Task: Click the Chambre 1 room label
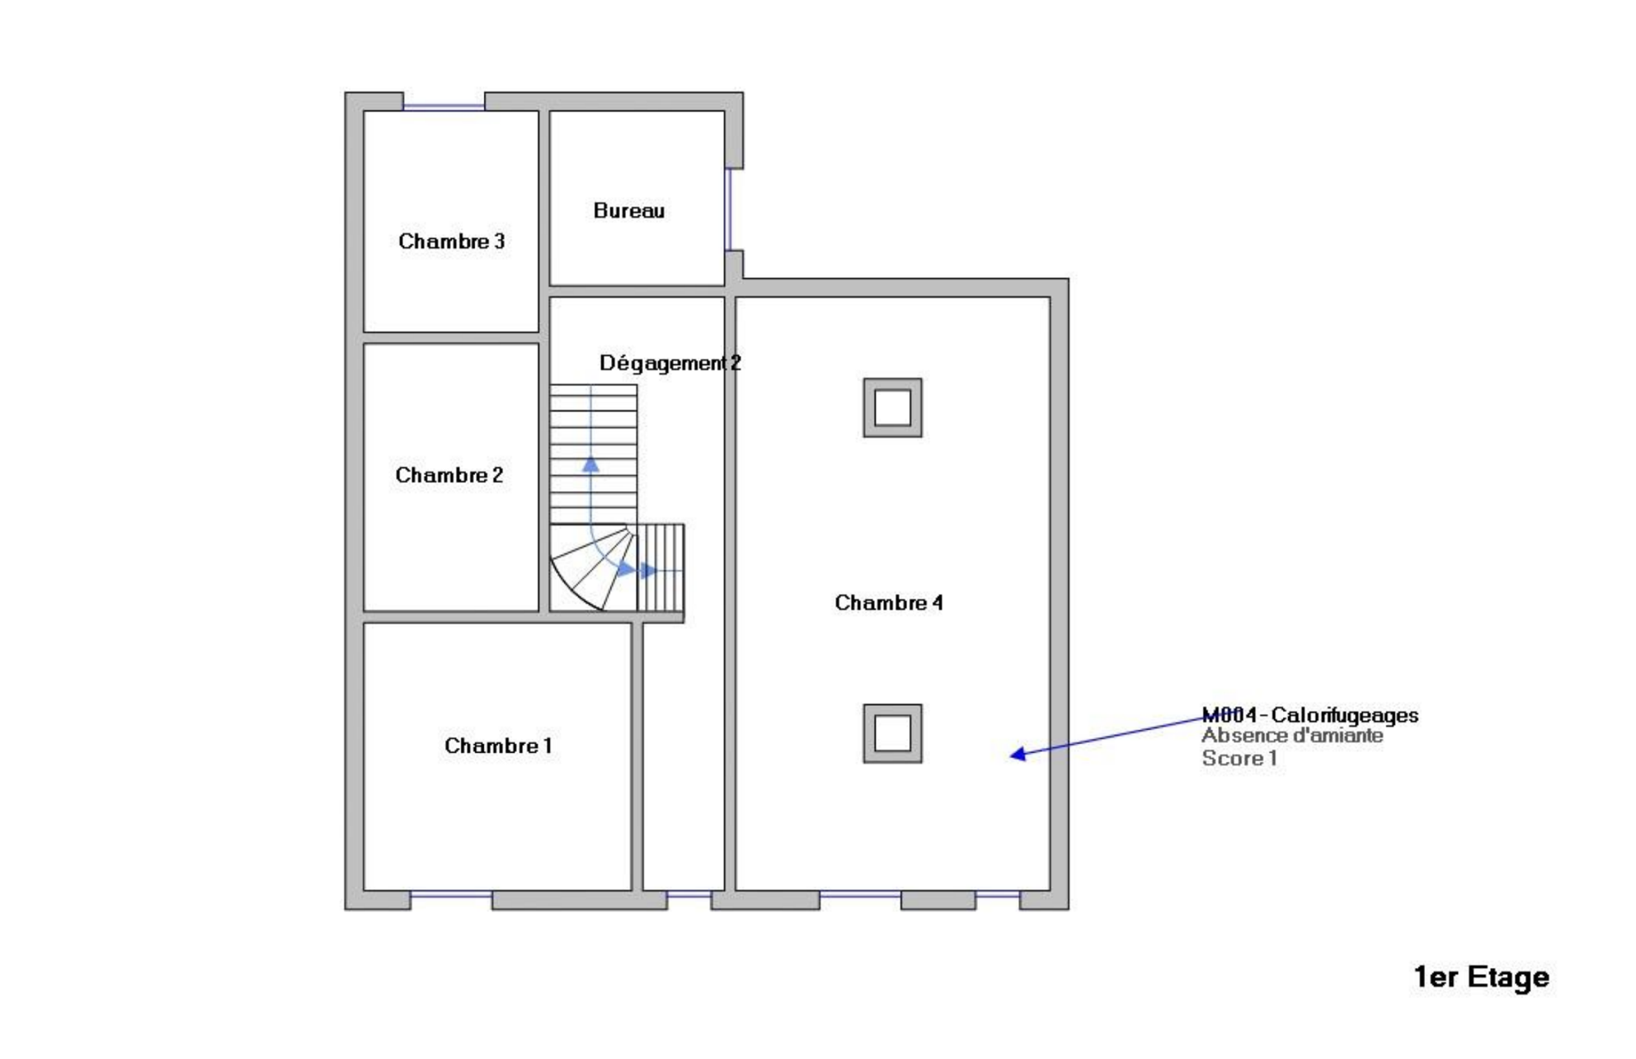click(498, 746)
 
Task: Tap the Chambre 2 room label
click(449, 475)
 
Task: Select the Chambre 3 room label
click(452, 241)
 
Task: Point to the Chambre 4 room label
click(889, 603)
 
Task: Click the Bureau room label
click(629, 210)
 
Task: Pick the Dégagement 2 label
click(670, 363)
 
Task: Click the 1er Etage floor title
click(1482, 977)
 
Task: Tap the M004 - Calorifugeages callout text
click(1310, 715)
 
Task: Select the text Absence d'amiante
click(1292, 736)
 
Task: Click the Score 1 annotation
click(1239, 758)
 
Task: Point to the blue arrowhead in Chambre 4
click(1018, 753)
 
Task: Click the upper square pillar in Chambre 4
click(892, 407)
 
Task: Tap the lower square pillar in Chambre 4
click(892, 733)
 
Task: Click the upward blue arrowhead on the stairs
click(590, 464)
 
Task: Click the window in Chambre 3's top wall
click(444, 106)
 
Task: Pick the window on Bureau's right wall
click(728, 209)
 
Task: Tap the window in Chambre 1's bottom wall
click(451, 895)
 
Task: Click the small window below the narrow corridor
click(689, 895)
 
